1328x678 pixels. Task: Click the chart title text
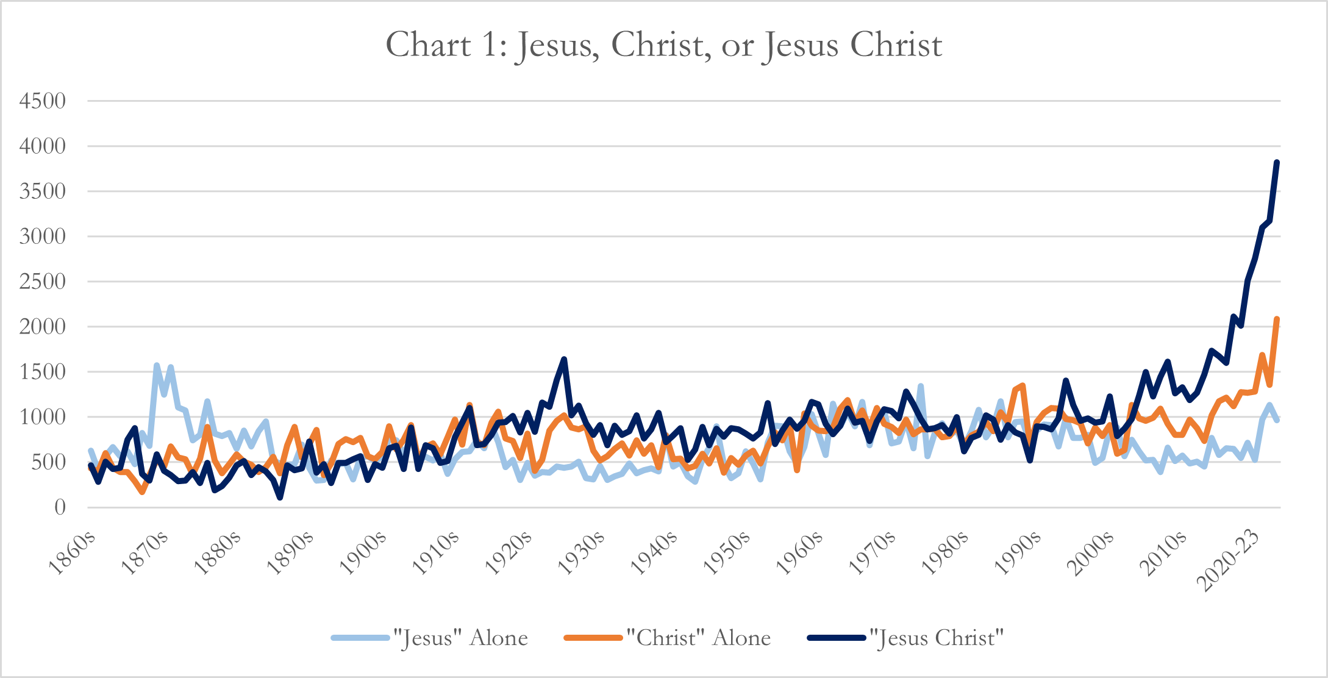tap(664, 45)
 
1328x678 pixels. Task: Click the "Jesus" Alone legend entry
tap(460, 638)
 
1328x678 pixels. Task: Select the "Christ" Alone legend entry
tap(699, 638)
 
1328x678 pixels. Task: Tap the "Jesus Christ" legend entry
tap(937, 638)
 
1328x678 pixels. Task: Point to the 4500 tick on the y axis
tap(43, 101)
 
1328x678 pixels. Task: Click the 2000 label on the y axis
tap(43, 326)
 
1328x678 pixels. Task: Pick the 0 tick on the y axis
tap(60, 507)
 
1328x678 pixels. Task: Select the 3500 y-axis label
tap(43, 191)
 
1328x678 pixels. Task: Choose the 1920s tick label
tap(509, 553)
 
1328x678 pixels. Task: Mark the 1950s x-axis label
tap(727, 553)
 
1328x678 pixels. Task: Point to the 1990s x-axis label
tap(1018, 553)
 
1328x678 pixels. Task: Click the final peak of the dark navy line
tap(1277, 162)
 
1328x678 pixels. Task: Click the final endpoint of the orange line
tap(1277, 319)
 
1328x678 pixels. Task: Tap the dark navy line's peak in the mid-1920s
tap(564, 359)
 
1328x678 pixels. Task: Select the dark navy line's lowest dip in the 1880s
tap(280, 498)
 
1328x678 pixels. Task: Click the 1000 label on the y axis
tap(43, 416)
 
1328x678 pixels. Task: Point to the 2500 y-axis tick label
tap(43, 281)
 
